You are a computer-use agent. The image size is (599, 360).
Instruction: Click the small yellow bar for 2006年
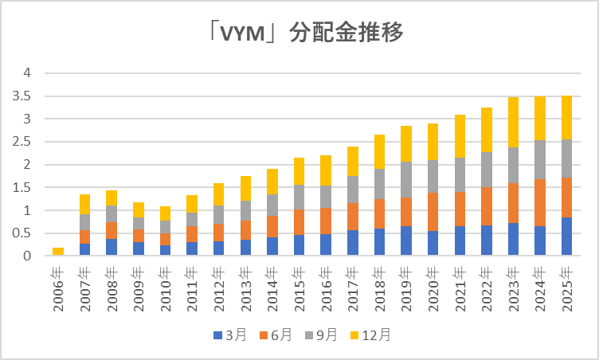58,252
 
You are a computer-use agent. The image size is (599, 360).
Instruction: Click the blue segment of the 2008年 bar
112,247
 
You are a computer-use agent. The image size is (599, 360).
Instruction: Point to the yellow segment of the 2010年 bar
165,213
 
